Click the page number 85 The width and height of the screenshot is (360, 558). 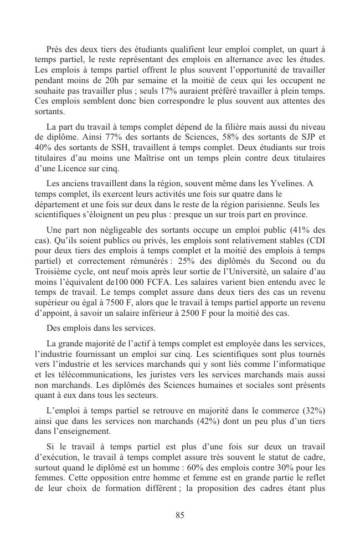179,515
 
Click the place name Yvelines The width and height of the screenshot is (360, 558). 287,183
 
